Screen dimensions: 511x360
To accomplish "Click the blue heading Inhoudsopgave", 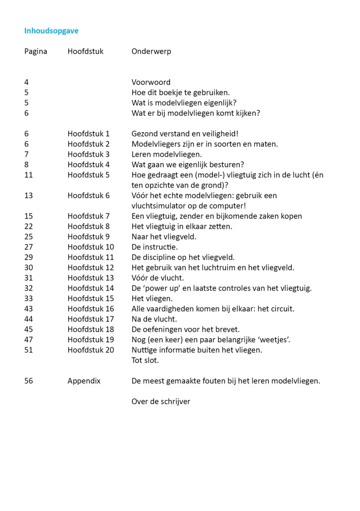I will click(x=51, y=31).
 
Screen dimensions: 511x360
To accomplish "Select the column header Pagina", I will click(x=36, y=51).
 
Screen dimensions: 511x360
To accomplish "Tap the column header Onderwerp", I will click(x=151, y=51).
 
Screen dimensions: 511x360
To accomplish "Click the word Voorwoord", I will click(x=151, y=82).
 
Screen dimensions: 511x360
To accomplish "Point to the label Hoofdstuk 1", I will click(x=89, y=134).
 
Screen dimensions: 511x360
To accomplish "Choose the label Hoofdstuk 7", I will click(x=89, y=216).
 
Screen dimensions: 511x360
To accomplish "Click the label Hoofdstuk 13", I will click(x=91, y=278).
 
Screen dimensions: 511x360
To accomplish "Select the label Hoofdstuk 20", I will click(x=91, y=350).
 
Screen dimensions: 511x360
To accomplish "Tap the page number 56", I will click(x=29, y=381).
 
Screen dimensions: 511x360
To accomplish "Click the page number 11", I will click(x=28, y=175).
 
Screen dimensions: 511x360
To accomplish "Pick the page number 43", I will click(x=29, y=309).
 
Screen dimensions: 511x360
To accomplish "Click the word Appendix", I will click(x=84, y=381).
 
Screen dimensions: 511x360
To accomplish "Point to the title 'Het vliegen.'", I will click(x=152, y=298).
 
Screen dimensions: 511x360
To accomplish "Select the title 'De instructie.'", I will click(x=155, y=247).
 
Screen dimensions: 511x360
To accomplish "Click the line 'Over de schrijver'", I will click(x=161, y=401).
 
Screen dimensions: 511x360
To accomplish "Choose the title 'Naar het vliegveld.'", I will click(x=164, y=237).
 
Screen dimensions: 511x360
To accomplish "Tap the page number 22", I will click(x=29, y=227).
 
